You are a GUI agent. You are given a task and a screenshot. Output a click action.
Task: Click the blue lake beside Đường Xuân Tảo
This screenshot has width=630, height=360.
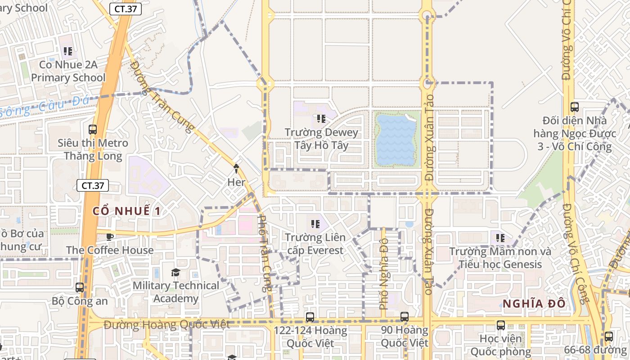point(396,139)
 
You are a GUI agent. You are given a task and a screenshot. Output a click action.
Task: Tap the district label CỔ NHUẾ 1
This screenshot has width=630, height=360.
point(126,211)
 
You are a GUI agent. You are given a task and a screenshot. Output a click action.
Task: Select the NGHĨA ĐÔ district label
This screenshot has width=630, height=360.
point(534,304)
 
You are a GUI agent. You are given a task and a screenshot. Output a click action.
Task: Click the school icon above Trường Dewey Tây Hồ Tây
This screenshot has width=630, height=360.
point(321,119)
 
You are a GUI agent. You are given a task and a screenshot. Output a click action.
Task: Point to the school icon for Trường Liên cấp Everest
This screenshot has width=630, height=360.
point(315,224)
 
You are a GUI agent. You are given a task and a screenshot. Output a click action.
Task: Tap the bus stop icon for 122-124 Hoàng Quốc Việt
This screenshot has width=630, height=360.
point(310,317)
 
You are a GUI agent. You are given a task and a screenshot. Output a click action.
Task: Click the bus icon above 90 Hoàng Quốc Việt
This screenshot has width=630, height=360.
point(405,316)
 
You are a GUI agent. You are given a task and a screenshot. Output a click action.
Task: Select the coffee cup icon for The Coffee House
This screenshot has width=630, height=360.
point(109,237)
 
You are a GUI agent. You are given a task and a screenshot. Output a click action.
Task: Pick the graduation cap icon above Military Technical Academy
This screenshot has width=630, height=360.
point(175,273)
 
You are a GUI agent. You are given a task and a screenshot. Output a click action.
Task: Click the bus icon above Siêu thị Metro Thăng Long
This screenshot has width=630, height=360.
point(93,130)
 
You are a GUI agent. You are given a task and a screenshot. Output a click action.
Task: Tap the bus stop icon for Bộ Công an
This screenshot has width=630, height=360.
point(80,287)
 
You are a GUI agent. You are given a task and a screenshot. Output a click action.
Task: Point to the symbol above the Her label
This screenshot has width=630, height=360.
point(236,169)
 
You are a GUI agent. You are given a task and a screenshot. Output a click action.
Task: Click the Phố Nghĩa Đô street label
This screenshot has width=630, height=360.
point(384,274)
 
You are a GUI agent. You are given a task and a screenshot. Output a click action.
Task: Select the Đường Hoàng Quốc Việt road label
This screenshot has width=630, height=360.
point(166,324)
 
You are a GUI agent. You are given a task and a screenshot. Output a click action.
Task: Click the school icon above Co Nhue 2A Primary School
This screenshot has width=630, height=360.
point(68,51)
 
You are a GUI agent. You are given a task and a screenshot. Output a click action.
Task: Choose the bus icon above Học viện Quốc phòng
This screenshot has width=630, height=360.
point(500,325)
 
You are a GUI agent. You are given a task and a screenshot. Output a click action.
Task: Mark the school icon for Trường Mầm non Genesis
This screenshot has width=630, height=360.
point(500,238)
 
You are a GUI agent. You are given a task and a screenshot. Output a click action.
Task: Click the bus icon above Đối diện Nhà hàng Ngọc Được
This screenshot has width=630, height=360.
point(574,107)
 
